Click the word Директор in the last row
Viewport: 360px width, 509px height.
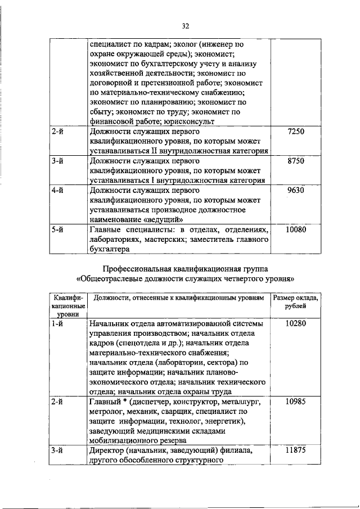point(107,451)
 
